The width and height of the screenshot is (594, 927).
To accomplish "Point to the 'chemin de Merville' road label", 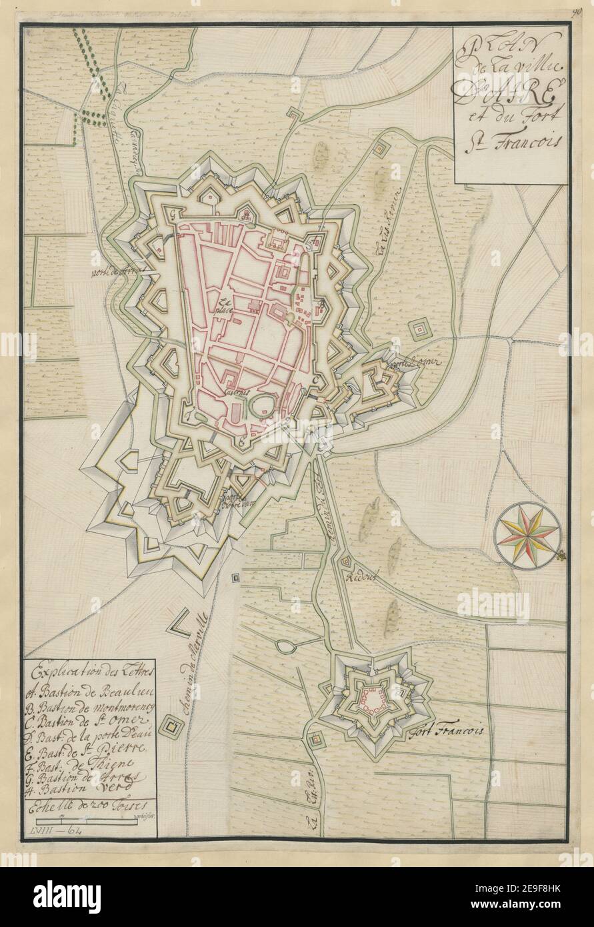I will pyautogui.click(x=187, y=674).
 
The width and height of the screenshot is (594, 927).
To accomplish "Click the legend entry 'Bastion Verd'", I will pyautogui.click(x=87, y=787).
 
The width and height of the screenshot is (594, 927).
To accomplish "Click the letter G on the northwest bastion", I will pyautogui.click(x=173, y=215).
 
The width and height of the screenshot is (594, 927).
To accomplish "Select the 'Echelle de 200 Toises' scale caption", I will pyautogui.click(x=87, y=804).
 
